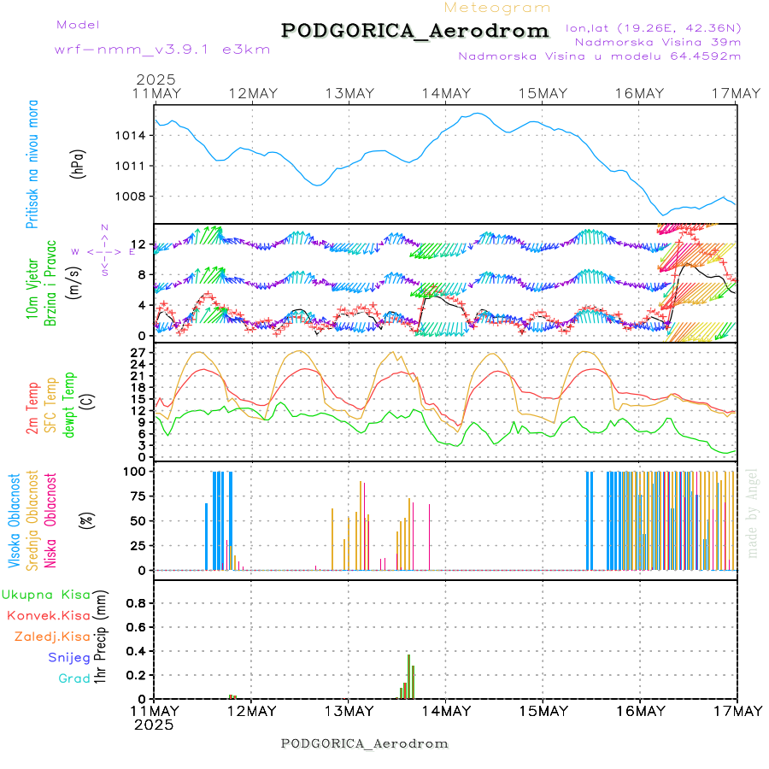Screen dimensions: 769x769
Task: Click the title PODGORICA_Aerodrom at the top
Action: pyautogui.click(x=415, y=31)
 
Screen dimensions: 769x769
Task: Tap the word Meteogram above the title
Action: pyautogui.click(x=497, y=8)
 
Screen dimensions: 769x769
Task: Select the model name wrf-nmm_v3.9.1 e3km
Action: pyautogui.click(x=162, y=50)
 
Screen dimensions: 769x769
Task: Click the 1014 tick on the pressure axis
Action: pyautogui.click(x=132, y=135)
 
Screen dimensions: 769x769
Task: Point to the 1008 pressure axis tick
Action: pyautogui.click(x=132, y=196)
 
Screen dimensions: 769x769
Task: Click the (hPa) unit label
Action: pyautogui.click(x=78, y=162)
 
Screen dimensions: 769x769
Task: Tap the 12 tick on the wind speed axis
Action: pyautogui.click(x=139, y=246)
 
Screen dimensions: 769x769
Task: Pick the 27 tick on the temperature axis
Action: pyautogui.click(x=138, y=352)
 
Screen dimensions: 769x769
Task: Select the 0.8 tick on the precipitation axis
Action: pyautogui.click(x=135, y=602)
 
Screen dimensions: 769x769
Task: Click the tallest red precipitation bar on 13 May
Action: pyautogui.click(x=408, y=676)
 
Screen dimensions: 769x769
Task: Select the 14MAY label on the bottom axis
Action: pyautogui.click(x=445, y=711)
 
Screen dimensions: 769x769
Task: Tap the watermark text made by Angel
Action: pyautogui.click(x=753, y=513)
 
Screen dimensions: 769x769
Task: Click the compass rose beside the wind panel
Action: pyautogui.click(x=103, y=250)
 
